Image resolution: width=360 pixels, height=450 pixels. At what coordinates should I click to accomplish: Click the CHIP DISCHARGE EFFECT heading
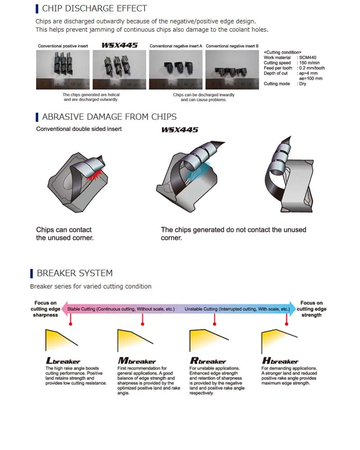[94, 9]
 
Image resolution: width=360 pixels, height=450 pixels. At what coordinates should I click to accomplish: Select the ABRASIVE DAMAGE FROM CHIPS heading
[109, 117]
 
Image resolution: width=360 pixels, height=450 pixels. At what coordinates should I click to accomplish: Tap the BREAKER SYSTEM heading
[75, 273]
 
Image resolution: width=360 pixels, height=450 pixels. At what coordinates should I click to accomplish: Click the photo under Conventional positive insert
[63, 69]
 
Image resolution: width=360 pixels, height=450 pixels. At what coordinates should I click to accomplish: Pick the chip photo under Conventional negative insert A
[175, 69]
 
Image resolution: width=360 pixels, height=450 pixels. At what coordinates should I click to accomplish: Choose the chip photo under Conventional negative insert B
[232, 69]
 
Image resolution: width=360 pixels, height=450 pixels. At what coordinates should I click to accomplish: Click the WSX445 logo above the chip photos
[119, 45]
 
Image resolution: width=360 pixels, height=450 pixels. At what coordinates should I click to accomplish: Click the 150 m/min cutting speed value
[311, 63]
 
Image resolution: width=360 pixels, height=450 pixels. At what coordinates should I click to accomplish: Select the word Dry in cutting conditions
[302, 84]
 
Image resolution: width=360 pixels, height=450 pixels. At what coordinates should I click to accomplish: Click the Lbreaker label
[63, 361]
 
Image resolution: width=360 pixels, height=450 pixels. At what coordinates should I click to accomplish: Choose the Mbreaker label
[137, 361]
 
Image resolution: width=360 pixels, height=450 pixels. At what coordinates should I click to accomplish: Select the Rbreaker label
[208, 361]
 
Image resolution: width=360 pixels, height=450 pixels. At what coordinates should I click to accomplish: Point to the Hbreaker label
[280, 361]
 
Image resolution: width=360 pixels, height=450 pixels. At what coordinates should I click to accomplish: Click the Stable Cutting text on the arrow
[121, 310]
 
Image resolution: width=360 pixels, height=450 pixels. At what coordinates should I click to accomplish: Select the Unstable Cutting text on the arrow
[237, 310]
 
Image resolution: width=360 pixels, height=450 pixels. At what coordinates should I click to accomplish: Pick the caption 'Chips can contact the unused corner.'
[65, 234]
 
